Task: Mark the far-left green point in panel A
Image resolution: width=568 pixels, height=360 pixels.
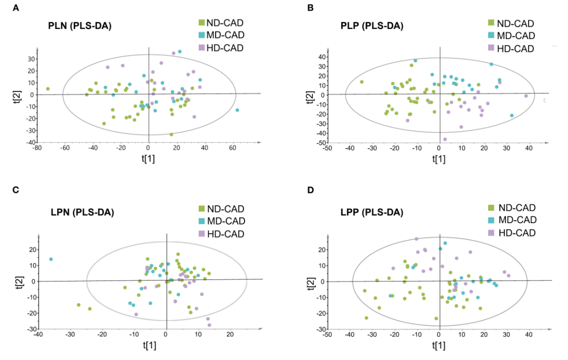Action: [x=48, y=89]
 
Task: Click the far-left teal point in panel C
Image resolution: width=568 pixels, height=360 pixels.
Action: [x=51, y=259]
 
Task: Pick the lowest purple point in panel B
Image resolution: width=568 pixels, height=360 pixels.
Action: [x=445, y=139]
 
